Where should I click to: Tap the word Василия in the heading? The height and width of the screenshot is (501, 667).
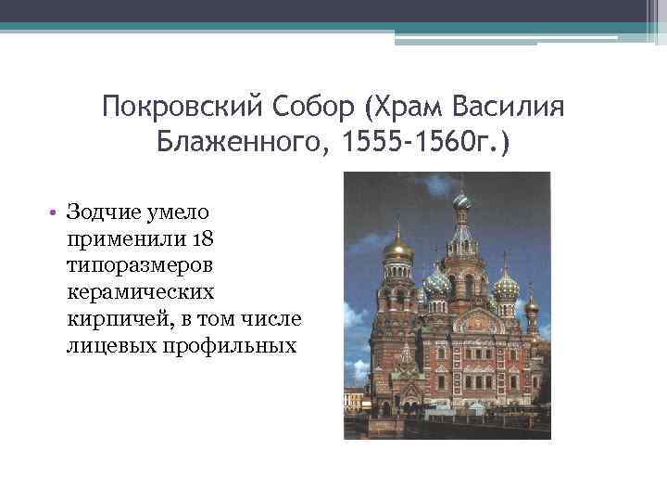[x=513, y=109]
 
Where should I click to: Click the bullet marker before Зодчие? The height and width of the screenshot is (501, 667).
[x=57, y=212]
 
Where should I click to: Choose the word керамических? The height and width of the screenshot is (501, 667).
[x=140, y=293]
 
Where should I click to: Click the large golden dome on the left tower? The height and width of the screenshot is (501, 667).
[x=398, y=248]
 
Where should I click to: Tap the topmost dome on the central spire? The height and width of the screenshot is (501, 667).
[x=460, y=199]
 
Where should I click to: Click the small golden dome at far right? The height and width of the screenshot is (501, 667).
[x=532, y=304]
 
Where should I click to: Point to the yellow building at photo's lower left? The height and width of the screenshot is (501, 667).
[x=353, y=399]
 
